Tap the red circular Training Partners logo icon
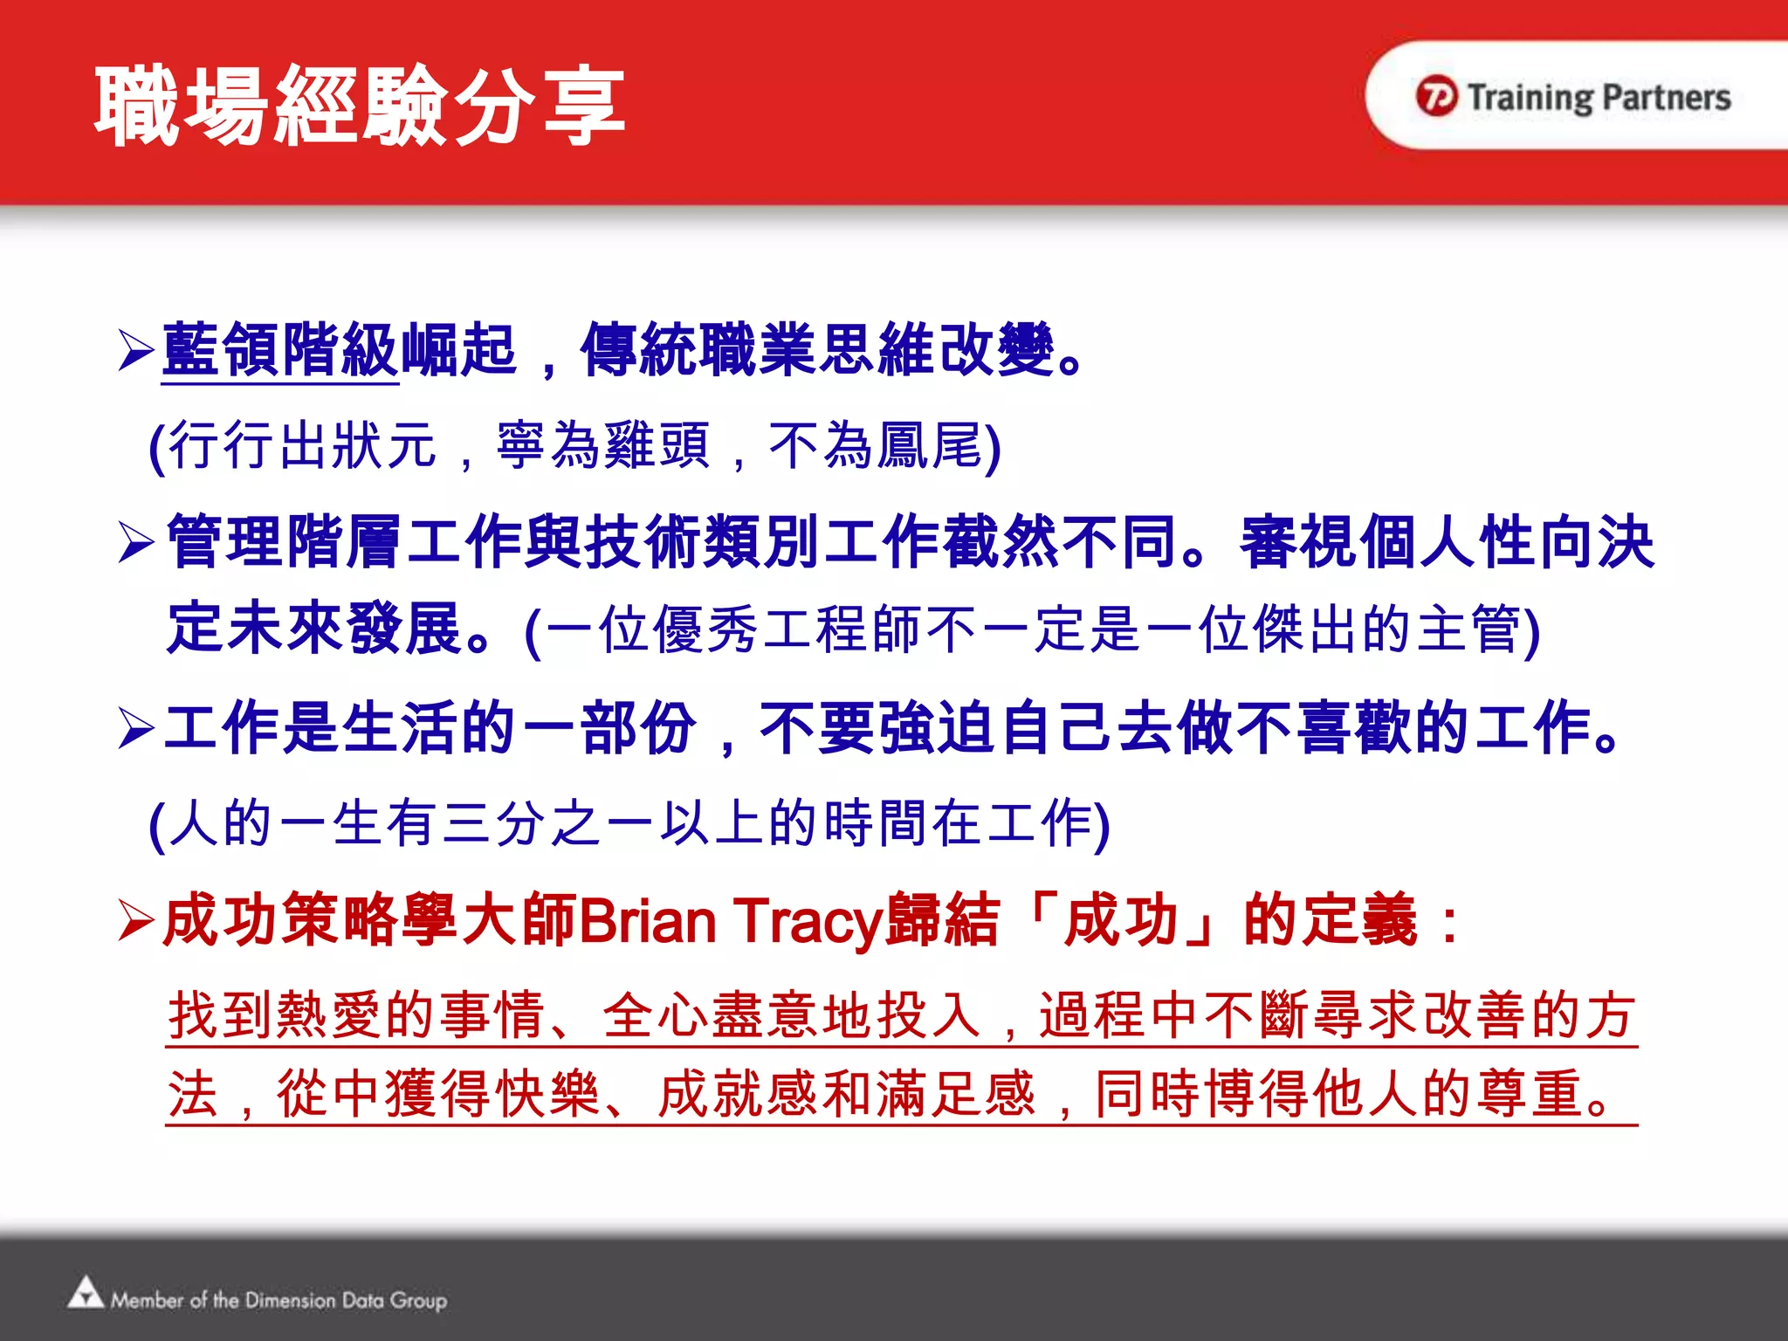coord(1436,96)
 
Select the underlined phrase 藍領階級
coord(281,349)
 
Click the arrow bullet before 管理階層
coord(136,542)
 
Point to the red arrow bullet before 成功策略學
coord(136,920)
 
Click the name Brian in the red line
coord(646,921)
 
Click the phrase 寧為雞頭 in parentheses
coord(602,445)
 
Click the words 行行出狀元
coord(302,445)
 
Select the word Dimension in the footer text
coord(290,1300)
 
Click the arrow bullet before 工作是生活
coord(136,728)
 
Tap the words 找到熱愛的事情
coord(356,1014)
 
